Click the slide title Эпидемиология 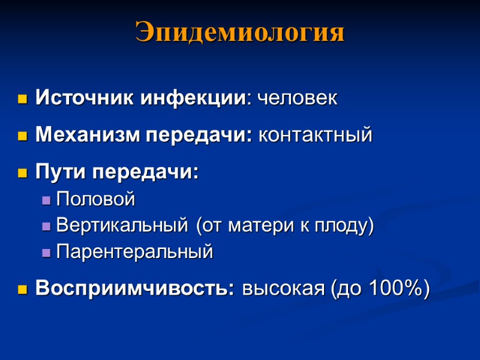pyautogui.click(x=240, y=32)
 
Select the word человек pyautogui.click(x=297, y=98)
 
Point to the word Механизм pyautogui.click(x=88, y=135)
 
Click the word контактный pyautogui.click(x=315, y=135)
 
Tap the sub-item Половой pyautogui.click(x=95, y=199)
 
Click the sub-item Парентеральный pyautogui.click(x=134, y=251)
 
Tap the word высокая pyautogui.click(x=281, y=289)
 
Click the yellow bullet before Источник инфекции pyautogui.click(x=23, y=99)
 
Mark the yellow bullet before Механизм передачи pyautogui.click(x=23, y=136)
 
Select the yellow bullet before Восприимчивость pyautogui.click(x=23, y=290)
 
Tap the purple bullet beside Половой pyautogui.click(x=46, y=200)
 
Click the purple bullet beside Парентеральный pyautogui.click(x=46, y=253)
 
